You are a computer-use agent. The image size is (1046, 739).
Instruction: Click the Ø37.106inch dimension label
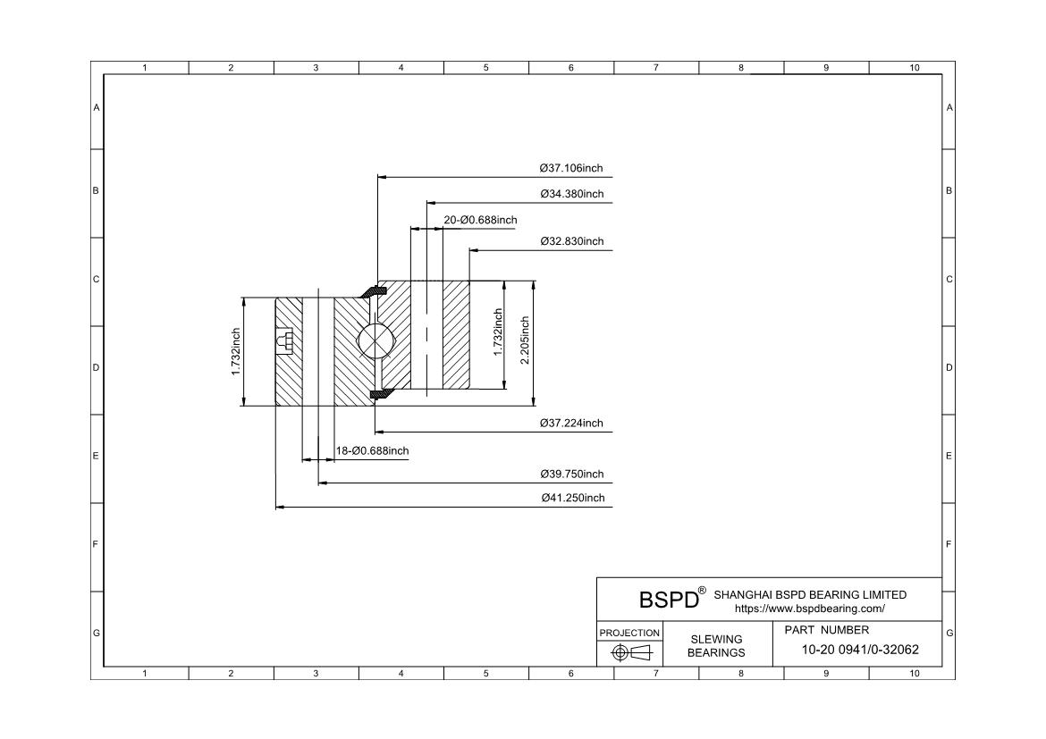571,168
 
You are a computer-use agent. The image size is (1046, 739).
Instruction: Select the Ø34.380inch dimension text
571,194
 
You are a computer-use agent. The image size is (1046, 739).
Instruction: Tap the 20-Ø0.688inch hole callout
480,220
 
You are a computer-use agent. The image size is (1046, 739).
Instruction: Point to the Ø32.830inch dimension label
571,241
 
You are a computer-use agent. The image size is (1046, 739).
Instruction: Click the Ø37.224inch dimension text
571,423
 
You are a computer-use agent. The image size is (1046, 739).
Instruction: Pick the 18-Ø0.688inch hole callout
372,451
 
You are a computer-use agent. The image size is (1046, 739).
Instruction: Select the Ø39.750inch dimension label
571,474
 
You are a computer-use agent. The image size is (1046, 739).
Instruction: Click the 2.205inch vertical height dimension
525,340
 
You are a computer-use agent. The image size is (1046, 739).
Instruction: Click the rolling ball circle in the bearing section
375,340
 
